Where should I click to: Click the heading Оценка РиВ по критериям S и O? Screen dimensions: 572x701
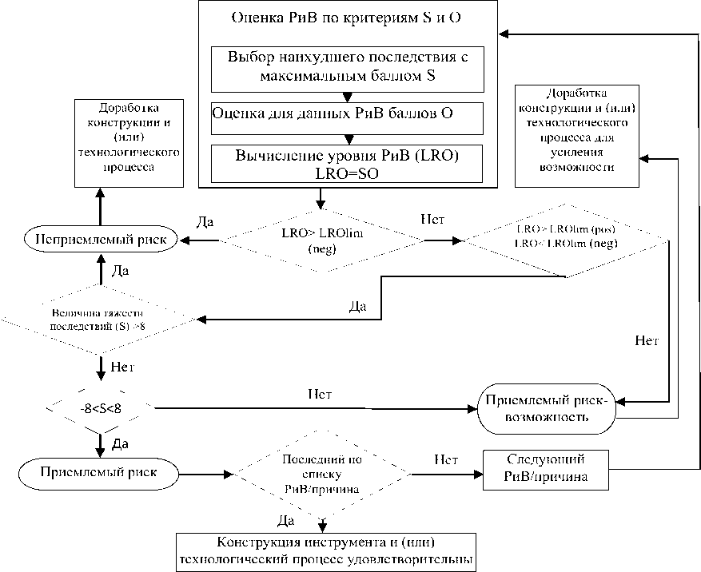click(345, 17)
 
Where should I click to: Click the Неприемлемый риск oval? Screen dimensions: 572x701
click(99, 240)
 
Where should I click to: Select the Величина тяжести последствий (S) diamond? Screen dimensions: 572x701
click(100, 320)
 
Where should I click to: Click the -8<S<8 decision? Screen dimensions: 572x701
click(100, 408)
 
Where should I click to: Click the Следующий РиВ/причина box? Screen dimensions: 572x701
click(546, 470)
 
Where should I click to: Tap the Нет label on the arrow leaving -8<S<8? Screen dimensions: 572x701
click(321, 395)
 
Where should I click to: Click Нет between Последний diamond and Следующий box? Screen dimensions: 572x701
click(445, 459)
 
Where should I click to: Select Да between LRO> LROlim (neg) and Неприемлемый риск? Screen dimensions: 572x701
click(205, 221)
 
